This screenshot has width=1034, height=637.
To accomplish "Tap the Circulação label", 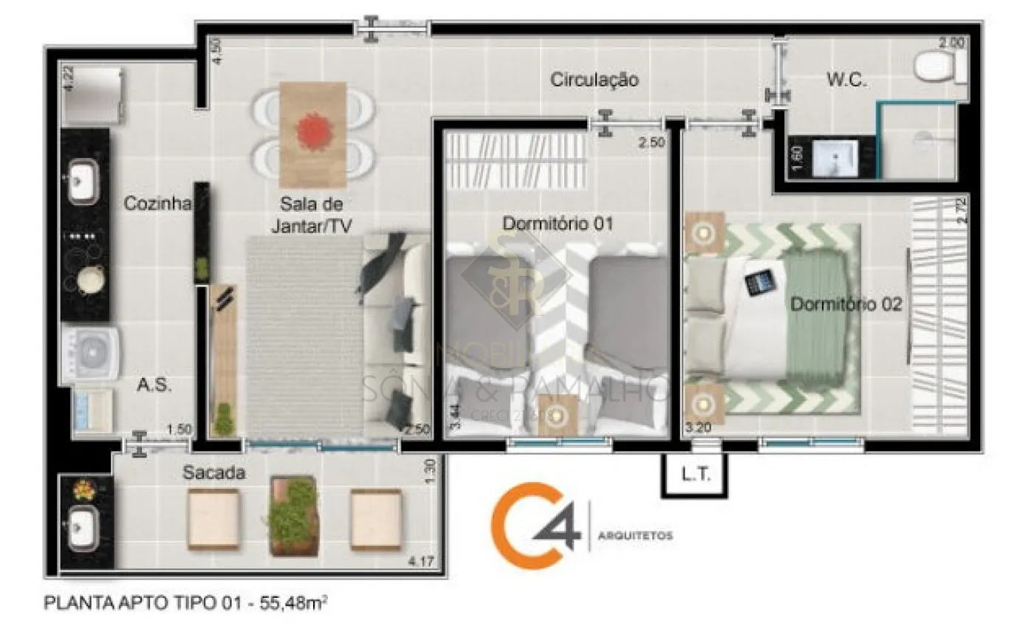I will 594,80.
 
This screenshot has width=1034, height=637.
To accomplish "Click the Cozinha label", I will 157,203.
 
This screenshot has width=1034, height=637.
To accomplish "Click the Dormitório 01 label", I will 558,222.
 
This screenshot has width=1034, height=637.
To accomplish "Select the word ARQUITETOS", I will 636,535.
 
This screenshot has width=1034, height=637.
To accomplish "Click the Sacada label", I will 213,473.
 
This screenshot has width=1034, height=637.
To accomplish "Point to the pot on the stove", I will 89,280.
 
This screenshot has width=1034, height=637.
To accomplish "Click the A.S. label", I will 154,385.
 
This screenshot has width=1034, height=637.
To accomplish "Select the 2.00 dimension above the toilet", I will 951,43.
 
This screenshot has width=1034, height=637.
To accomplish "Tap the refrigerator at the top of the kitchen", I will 92,96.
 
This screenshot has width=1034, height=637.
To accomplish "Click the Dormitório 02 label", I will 846,303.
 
